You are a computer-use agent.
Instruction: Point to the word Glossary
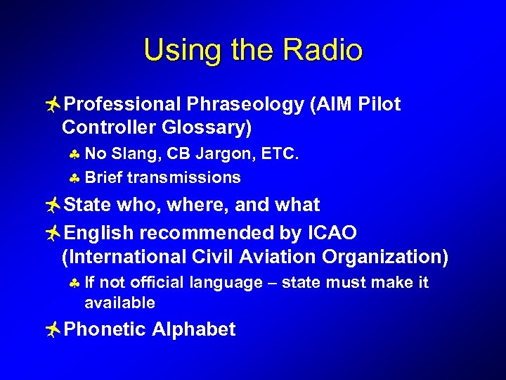pos(209,128)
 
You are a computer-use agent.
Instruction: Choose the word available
pos(119,303)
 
